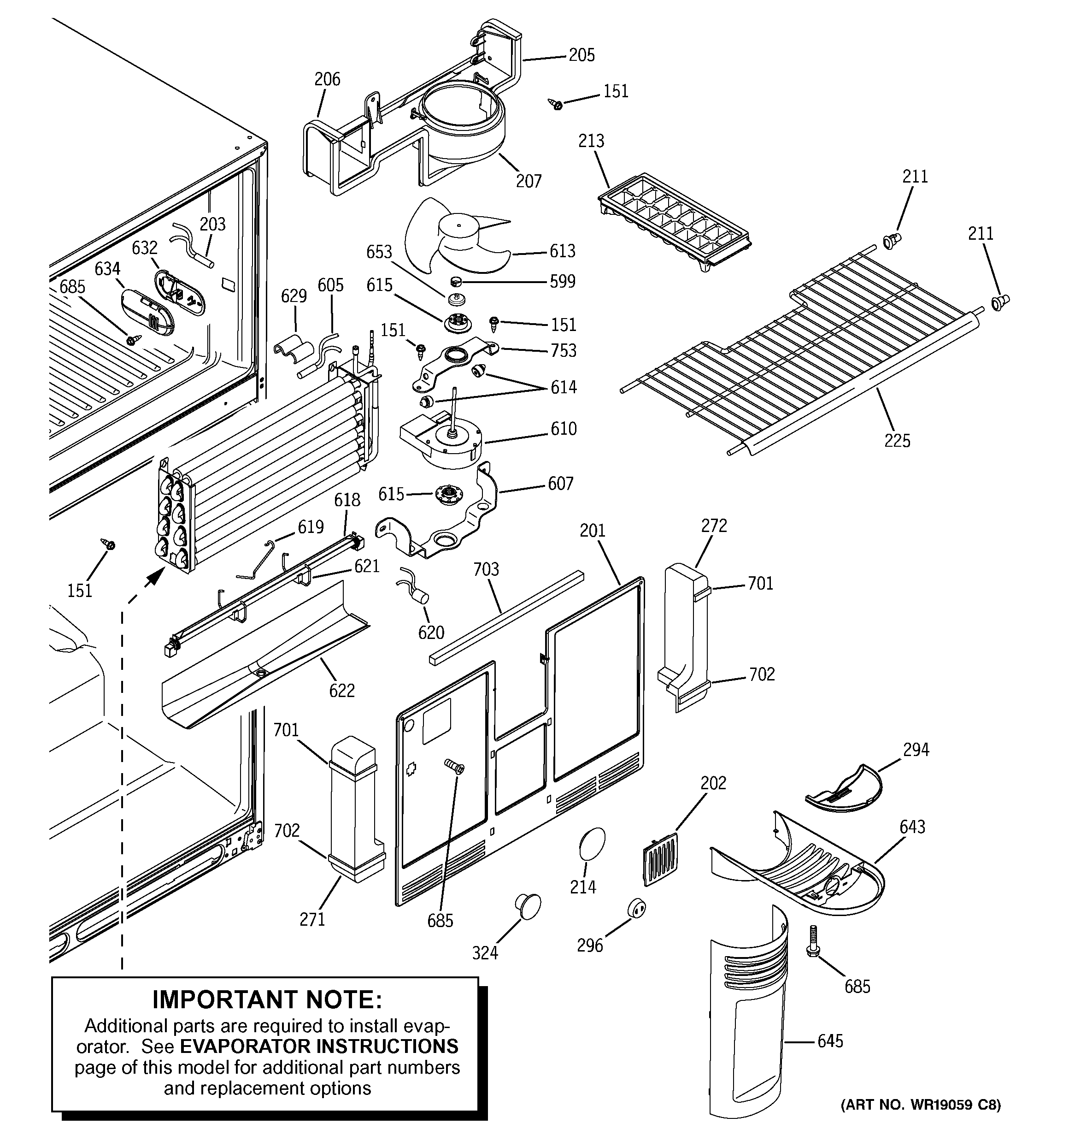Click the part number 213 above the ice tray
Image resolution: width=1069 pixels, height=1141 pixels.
click(x=591, y=141)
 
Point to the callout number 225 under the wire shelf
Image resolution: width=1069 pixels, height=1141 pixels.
click(x=897, y=441)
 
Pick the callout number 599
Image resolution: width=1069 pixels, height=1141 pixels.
click(x=562, y=282)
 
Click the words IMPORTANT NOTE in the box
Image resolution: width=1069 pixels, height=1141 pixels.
click(x=267, y=1000)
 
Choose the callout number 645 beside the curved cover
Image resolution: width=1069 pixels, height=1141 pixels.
click(x=830, y=1041)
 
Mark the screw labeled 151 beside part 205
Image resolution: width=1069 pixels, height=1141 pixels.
click(x=555, y=105)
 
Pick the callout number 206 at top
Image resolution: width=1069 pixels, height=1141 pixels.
click(x=327, y=79)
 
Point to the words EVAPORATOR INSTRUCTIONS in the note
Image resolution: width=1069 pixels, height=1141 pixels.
click(x=319, y=1046)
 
